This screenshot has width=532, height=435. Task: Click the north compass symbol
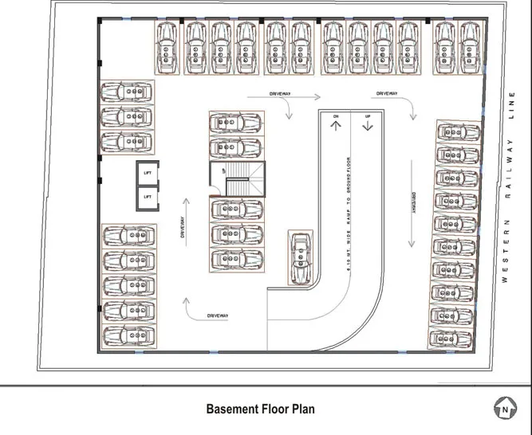tap(504, 410)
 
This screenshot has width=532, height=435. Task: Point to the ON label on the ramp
tap(336, 117)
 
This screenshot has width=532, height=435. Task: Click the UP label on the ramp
tap(368, 117)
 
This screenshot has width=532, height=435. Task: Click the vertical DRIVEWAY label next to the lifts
tap(183, 229)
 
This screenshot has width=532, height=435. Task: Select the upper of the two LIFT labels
tap(148, 173)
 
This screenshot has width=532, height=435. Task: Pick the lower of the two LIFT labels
tap(148, 196)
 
